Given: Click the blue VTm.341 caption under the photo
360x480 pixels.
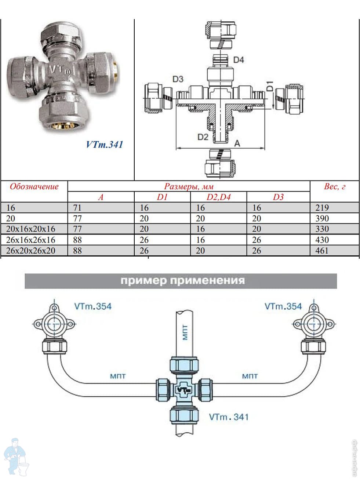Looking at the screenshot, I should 105,144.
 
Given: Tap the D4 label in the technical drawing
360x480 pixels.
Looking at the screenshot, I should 239,59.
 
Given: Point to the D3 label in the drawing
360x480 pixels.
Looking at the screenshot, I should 178,79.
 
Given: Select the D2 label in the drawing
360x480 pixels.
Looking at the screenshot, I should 203,137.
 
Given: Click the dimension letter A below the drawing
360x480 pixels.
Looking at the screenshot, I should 237,143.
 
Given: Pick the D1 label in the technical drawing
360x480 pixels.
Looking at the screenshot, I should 269,86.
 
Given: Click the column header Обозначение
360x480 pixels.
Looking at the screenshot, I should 34,186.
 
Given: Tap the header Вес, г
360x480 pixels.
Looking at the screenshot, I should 334,186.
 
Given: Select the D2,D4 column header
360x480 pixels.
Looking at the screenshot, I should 219,197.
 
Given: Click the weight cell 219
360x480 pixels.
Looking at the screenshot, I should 322,208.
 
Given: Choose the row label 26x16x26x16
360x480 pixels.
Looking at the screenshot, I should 31,240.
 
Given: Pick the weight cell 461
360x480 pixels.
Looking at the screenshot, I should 322,251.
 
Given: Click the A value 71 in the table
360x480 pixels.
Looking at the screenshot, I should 77,208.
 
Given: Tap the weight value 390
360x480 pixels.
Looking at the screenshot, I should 322,219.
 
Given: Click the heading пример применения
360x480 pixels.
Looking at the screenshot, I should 182,281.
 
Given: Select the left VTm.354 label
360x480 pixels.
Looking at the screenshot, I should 93,306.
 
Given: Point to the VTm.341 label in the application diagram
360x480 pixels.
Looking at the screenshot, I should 229,417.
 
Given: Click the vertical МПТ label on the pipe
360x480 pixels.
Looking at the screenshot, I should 185,332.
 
